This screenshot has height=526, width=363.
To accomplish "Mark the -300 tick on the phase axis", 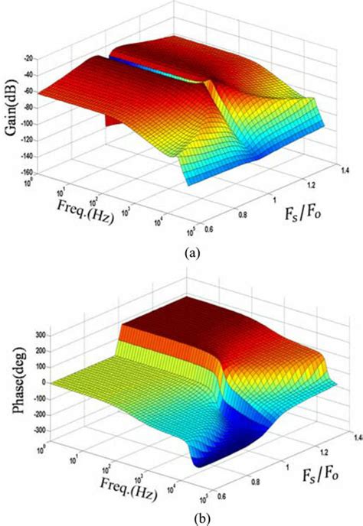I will click(x=30, y=430).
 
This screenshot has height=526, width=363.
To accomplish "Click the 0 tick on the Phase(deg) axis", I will click(x=34, y=382).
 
